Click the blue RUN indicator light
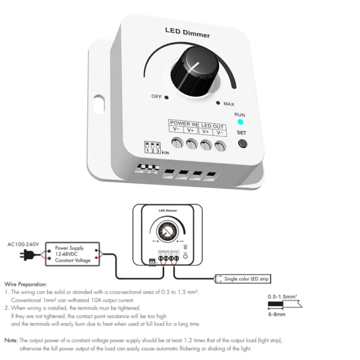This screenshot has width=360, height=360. [240, 122]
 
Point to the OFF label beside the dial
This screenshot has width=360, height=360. [156, 97]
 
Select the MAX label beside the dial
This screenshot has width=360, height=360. [229, 104]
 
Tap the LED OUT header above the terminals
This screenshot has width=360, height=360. [212, 126]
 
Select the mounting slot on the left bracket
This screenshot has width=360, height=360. [99, 103]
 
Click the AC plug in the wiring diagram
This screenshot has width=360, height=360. [26, 256]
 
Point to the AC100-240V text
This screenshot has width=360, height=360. [23, 244]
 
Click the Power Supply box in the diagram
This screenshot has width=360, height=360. [72, 254]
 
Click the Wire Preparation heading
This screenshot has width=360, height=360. [26, 284]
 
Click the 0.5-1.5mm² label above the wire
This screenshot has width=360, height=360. [282, 297]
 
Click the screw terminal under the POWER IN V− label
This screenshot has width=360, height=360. [177, 144]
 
